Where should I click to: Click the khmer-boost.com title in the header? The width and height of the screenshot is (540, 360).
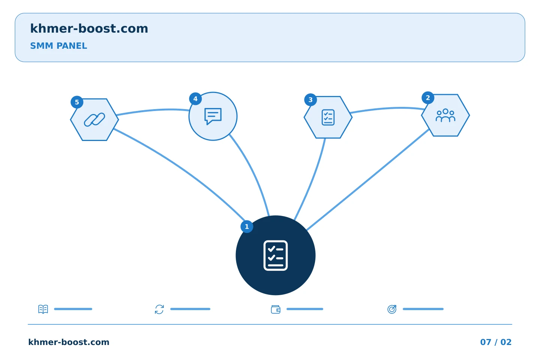coord(89,28)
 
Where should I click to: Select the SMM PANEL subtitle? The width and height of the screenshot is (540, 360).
coord(58,46)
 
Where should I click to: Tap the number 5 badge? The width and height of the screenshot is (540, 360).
coord(77,102)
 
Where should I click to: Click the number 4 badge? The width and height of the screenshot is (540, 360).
coord(195,99)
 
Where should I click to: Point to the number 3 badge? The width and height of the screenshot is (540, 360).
coord(310,100)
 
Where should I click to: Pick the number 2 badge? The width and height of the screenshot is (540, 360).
coord(428,98)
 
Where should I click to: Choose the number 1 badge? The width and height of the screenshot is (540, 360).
coord(247,226)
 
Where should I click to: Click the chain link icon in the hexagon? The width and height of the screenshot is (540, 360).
coord(94,120)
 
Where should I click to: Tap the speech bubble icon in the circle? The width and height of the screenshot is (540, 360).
coord(213,116)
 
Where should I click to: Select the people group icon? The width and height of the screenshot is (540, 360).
coord(445,115)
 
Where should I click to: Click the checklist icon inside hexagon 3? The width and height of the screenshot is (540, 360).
coord(328,117)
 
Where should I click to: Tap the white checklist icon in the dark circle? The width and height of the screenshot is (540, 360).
coord(276,256)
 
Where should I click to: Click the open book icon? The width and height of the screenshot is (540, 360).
coord(43,309)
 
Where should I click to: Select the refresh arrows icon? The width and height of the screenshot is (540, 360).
coord(159,309)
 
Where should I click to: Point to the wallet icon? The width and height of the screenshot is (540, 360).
coord(276,309)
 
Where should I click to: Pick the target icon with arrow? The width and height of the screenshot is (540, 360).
coord(392,309)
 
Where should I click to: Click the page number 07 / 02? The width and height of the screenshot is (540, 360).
coord(496,342)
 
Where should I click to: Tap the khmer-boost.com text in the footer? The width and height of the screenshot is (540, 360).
coord(69,342)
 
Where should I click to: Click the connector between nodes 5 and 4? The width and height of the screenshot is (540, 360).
coord(153,110)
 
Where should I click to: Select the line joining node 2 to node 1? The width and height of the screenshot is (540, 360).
coord(367,180)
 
